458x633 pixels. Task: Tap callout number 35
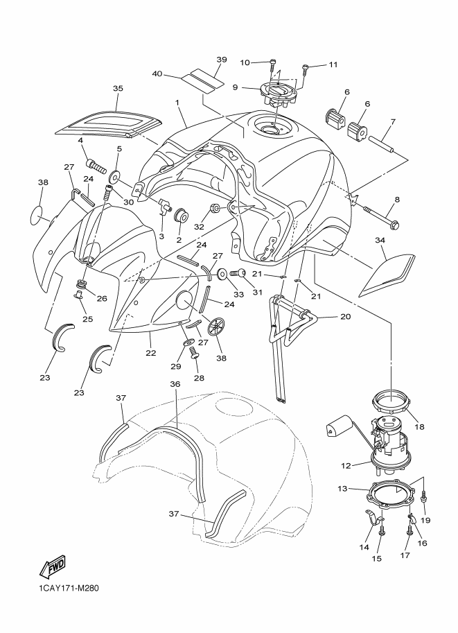point(118,89)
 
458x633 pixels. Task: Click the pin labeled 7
point(382,144)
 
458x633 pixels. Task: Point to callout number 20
point(346,316)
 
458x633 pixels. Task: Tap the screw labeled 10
point(273,66)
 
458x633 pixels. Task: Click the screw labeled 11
point(306,70)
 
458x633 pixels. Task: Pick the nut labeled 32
point(215,209)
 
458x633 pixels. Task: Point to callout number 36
point(175,384)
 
